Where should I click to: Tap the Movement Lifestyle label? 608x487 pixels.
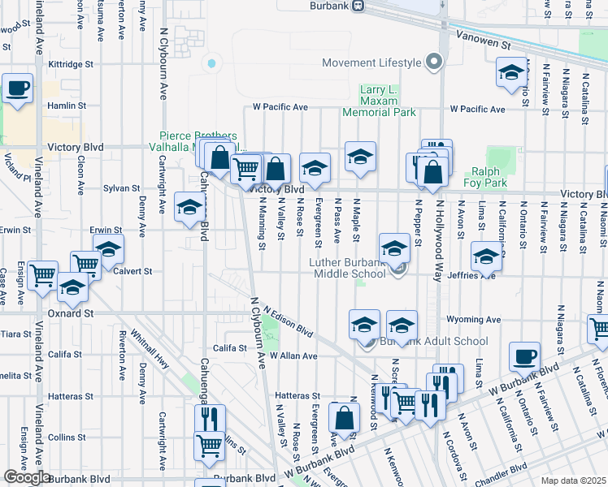coord(372,62)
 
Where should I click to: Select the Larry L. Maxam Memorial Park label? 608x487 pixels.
coord(379,101)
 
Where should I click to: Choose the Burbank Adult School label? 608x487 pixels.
coord(423,343)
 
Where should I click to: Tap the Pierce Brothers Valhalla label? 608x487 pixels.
coord(198,140)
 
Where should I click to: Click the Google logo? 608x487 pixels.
coord(27,477)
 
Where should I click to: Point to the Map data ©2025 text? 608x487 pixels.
coord(573,481)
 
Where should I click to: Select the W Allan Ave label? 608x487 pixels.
coord(293,356)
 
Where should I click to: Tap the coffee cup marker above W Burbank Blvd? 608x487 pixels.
coord(524,356)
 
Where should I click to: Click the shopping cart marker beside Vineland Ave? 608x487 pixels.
coord(42,275)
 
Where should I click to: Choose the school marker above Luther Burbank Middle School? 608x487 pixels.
coord(394,248)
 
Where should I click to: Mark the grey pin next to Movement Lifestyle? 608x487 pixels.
coord(433,62)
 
